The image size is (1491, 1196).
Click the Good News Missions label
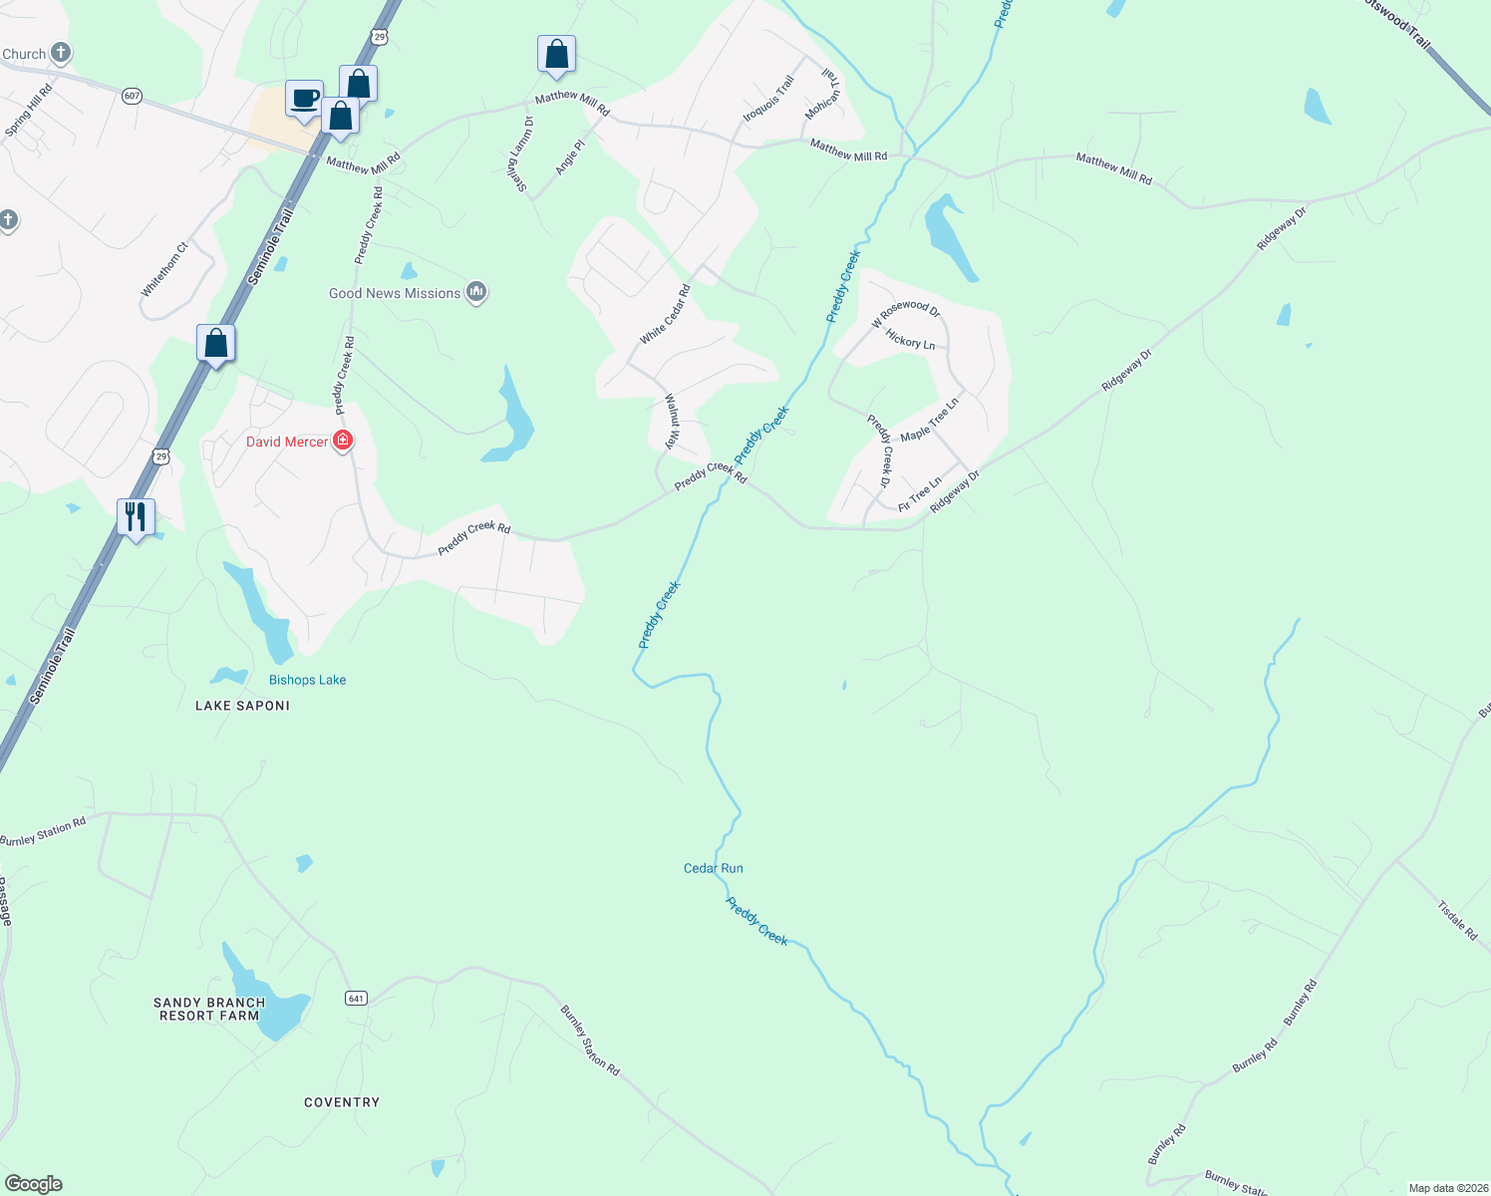pyautogui.click(x=395, y=293)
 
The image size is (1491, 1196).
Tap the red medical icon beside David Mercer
pyautogui.click(x=343, y=441)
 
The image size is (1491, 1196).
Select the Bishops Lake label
pyautogui.click(x=307, y=680)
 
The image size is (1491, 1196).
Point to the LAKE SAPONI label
pyautogui.click(x=242, y=706)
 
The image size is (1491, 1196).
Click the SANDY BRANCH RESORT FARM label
pyautogui.click(x=209, y=1009)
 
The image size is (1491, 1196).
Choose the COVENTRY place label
pyautogui.click(x=342, y=1102)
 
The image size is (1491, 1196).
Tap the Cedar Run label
pyautogui.click(x=714, y=868)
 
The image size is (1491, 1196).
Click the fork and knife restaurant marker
pyautogui.click(x=136, y=517)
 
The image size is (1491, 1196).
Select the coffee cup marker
pyautogui.click(x=304, y=99)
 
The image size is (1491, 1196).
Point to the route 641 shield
pyautogui.click(x=357, y=998)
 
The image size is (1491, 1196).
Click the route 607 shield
pyautogui.click(x=133, y=96)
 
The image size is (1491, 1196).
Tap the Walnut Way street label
pyautogui.click(x=673, y=421)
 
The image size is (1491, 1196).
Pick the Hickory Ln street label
pyautogui.click(x=911, y=341)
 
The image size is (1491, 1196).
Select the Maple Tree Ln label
pyautogui.click(x=929, y=420)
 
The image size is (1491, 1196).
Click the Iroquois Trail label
pyautogui.click(x=768, y=99)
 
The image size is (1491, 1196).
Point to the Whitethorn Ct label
pyautogui.click(x=164, y=269)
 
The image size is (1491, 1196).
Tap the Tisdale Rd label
pyautogui.click(x=1457, y=921)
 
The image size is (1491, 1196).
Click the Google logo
pyautogui.click(x=34, y=1184)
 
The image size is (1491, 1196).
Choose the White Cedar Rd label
pyautogui.click(x=665, y=315)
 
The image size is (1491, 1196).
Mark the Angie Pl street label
pyautogui.click(x=570, y=157)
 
